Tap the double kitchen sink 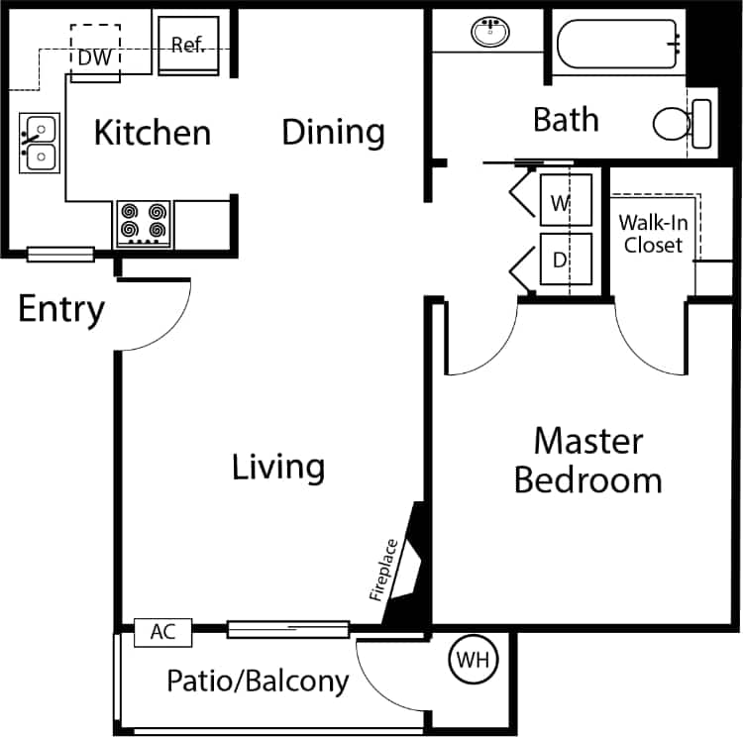click(40, 143)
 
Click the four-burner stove click(143, 224)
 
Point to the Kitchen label click(152, 133)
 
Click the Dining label click(333, 132)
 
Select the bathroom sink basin click(488, 33)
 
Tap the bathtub click(619, 44)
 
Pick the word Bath click(566, 120)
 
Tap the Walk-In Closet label click(653, 234)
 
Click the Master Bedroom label click(587, 461)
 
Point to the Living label click(278, 467)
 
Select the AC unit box click(162, 631)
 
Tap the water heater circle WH click(473, 658)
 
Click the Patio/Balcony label click(258, 682)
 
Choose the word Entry click(61, 309)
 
